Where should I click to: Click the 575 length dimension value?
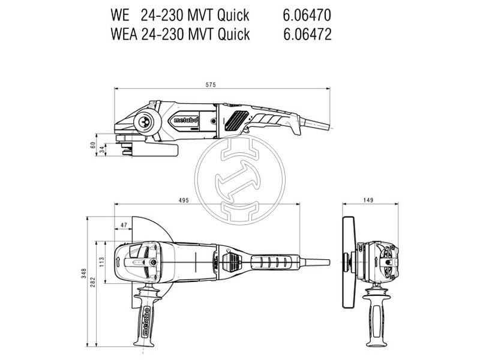point(211,85)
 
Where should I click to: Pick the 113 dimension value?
point(102,262)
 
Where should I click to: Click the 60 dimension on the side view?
point(92,145)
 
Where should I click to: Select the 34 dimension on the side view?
point(102,150)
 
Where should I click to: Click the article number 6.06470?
point(307,14)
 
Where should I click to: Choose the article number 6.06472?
point(307,34)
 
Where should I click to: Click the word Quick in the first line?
point(233,14)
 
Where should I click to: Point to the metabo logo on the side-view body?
point(187,120)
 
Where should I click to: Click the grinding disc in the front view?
point(346,263)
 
